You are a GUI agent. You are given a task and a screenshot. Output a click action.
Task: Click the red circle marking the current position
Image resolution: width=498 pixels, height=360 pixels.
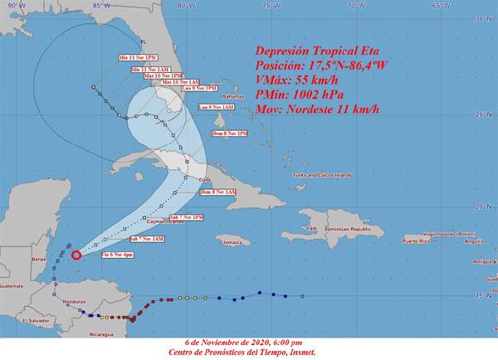click(76, 255)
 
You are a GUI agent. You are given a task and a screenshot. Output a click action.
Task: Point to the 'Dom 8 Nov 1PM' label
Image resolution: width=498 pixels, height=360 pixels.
click(231, 133)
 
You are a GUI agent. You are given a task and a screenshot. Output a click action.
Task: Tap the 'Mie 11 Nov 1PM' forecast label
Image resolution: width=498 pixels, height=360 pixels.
click(137, 57)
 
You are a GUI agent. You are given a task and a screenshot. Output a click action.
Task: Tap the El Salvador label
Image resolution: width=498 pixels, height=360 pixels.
click(36, 319)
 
